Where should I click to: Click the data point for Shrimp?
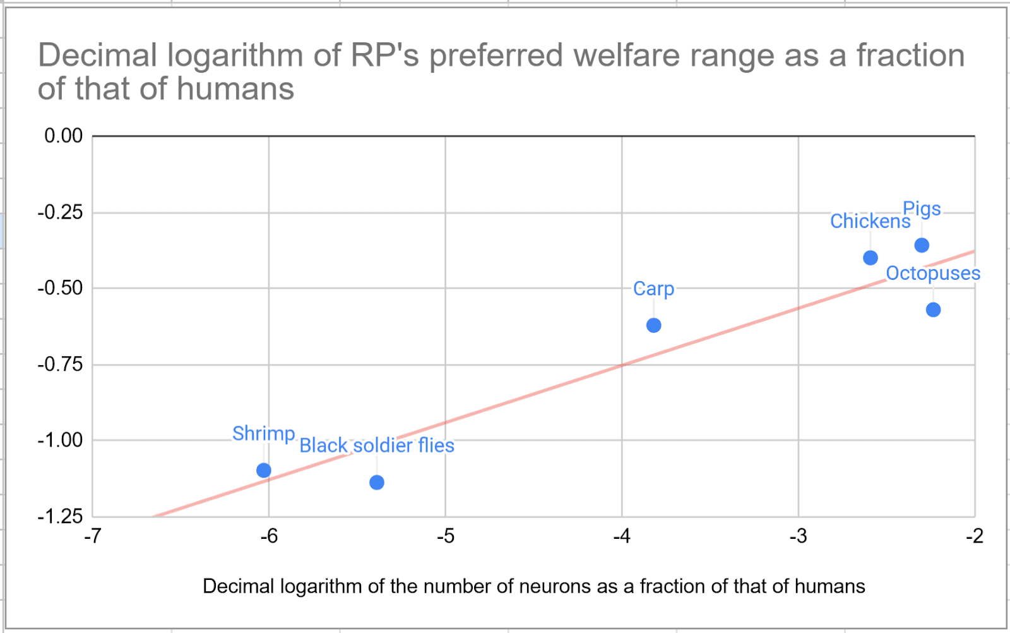(x=264, y=470)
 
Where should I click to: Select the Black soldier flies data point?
(x=377, y=483)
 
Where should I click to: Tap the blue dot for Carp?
(x=654, y=325)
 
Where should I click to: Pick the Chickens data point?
(x=870, y=258)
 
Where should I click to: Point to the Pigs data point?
(x=922, y=245)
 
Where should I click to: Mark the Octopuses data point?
(x=934, y=310)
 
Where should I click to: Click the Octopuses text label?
(x=933, y=274)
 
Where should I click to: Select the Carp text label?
(x=654, y=289)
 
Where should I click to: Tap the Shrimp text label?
(x=264, y=433)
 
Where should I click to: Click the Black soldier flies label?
(x=377, y=446)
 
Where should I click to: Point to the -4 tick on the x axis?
(x=622, y=536)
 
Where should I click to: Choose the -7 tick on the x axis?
(x=93, y=536)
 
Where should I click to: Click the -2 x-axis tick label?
(x=975, y=536)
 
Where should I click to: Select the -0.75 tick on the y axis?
(x=60, y=365)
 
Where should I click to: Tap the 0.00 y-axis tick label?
(x=63, y=136)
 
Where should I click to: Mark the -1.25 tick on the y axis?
(x=60, y=517)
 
